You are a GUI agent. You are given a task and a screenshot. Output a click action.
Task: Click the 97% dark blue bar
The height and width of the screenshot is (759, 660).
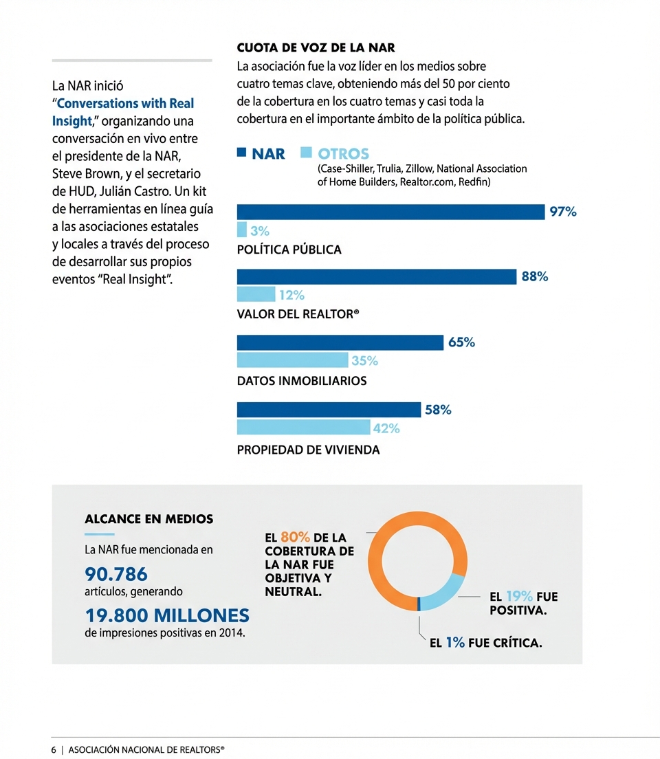(390, 212)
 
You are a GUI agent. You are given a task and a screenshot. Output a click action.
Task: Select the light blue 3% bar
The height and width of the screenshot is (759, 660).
(241, 230)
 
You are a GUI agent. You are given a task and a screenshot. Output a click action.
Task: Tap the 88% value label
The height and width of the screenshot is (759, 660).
(535, 277)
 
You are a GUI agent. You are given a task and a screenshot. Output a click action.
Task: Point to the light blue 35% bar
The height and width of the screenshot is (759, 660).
(292, 360)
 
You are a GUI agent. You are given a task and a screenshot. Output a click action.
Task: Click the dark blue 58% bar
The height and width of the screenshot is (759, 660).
(329, 410)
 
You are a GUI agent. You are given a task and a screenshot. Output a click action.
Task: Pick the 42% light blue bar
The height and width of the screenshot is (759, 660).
(302, 428)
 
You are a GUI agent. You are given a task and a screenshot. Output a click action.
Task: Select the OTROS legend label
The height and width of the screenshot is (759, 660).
(343, 154)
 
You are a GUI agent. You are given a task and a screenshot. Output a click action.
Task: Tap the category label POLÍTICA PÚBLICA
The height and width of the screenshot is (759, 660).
(289, 250)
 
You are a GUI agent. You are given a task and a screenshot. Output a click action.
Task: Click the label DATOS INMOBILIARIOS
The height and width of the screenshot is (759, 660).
(301, 380)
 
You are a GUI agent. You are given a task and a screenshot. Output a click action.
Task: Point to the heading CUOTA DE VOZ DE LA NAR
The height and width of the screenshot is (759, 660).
(316, 48)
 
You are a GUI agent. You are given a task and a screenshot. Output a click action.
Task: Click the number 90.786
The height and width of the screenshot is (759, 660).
(115, 573)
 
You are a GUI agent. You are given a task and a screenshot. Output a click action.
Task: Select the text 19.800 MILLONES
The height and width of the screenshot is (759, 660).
(166, 615)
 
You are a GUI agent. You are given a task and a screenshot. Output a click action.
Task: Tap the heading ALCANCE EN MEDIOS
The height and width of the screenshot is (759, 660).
(148, 519)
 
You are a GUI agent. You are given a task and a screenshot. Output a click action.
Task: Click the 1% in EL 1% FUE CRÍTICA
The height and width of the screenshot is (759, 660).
(455, 643)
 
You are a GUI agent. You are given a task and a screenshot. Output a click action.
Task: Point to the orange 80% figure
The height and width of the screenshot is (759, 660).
(296, 538)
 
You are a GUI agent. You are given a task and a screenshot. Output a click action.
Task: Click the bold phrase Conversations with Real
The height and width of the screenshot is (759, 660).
(125, 104)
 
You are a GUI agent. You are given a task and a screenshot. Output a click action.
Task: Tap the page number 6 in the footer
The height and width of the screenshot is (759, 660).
(54, 750)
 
